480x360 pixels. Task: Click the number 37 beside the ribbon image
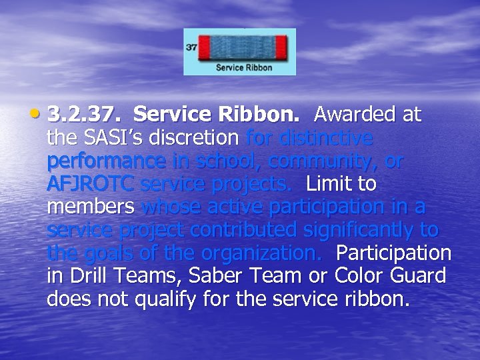(191, 48)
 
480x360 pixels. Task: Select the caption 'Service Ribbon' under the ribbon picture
(244, 67)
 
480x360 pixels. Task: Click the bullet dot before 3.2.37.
(41, 115)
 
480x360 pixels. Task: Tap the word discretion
(201, 138)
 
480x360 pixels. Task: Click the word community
(313, 161)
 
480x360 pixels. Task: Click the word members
(91, 207)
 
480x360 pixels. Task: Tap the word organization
(263, 253)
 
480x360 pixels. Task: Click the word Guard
(418, 276)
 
